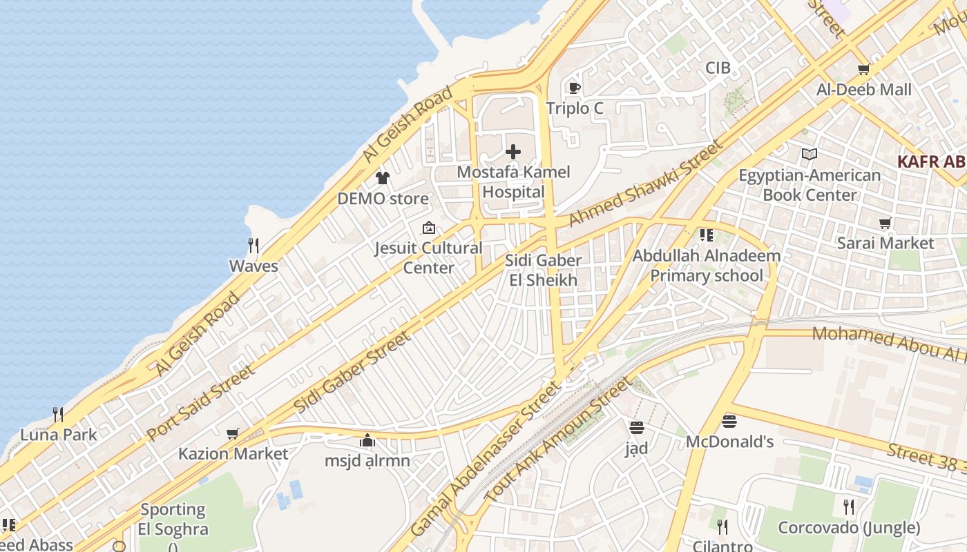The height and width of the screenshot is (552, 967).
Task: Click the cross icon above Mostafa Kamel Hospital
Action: pyautogui.click(x=513, y=151)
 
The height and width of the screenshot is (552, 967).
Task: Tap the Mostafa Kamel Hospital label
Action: pyautogui.click(x=514, y=182)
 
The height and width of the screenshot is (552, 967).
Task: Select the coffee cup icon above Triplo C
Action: pyautogui.click(x=574, y=88)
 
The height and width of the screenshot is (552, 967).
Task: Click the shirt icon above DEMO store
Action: pyautogui.click(x=383, y=177)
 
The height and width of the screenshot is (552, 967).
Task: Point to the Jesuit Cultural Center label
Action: pyautogui.click(x=428, y=257)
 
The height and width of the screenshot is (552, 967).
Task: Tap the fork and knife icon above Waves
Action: pyautogui.click(x=253, y=245)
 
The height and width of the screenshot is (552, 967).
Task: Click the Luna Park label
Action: pyautogui.click(x=59, y=435)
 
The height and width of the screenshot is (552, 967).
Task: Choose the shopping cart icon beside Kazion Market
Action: pyautogui.click(x=233, y=433)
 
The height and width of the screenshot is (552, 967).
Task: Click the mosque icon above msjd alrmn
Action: pyautogui.click(x=367, y=440)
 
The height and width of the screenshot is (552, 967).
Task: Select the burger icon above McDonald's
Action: pyautogui.click(x=729, y=421)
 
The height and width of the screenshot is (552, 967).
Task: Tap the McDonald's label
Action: pyautogui.click(x=729, y=442)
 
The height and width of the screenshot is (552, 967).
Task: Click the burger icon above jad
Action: pyautogui.click(x=637, y=427)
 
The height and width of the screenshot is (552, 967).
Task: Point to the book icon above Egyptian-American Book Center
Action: pyautogui.click(x=810, y=155)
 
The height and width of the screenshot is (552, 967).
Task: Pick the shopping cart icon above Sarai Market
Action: pyautogui.click(x=885, y=223)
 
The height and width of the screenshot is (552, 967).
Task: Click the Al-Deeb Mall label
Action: pyautogui.click(x=863, y=90)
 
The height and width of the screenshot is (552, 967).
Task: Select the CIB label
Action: pyautogui.click(x=718, y=68)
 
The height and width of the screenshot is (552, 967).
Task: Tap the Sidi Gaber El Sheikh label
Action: pyautogui.click(x=543, y=270)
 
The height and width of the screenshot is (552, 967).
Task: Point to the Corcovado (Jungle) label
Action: pyautogui.click(x=849, y=528)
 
